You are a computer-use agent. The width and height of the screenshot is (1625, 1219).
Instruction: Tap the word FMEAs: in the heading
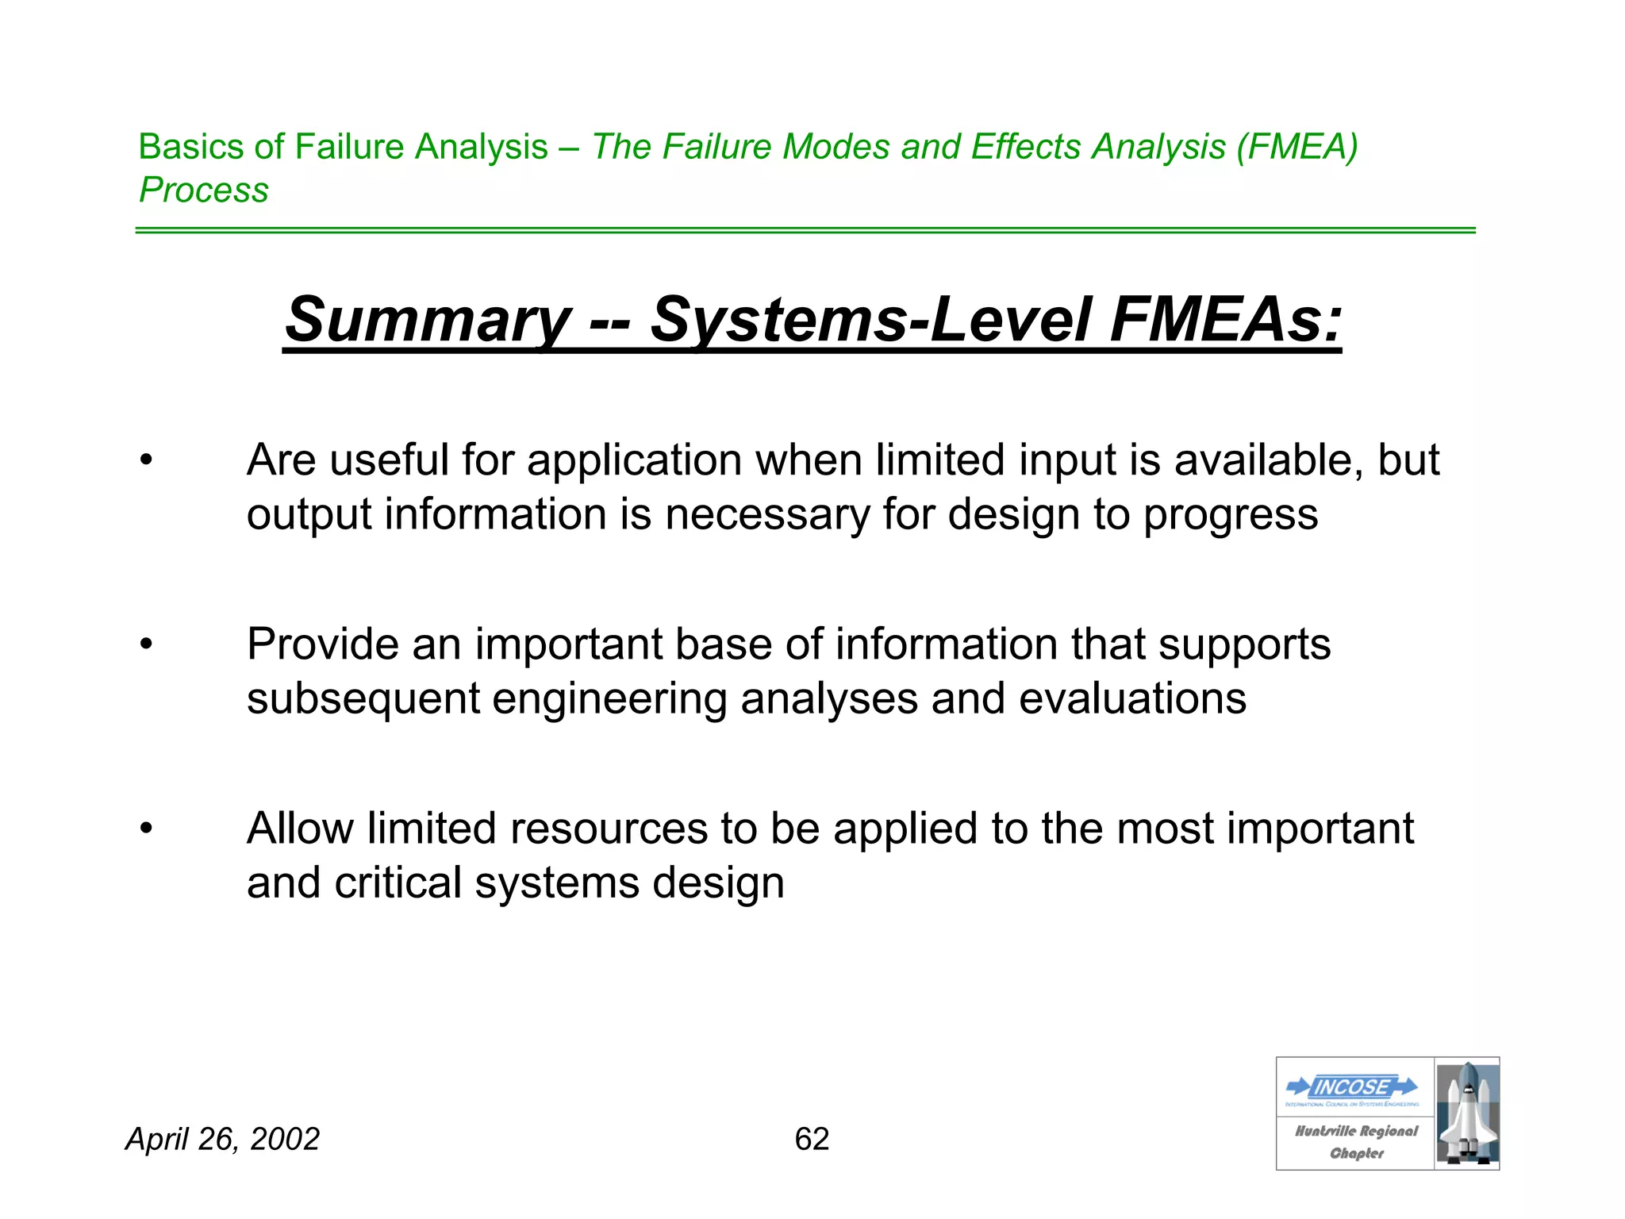(x=1225, y=320)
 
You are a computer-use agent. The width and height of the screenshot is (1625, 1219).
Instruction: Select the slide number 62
(x=812, y=1139)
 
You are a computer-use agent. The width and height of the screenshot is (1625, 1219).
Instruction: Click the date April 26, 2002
(x=223, y=1139)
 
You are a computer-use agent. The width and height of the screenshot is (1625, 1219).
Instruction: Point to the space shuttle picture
(x=1467, y=1113)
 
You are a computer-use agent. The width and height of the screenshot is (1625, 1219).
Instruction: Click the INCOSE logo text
(x=1352, y=1086)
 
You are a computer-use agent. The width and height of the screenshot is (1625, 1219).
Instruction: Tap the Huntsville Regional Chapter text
(x=1356, y=1141)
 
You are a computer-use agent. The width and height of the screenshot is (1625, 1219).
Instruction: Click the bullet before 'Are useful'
(x=146, y=460)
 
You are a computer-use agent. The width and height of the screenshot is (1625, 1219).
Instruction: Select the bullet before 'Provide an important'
(x=146, y=644)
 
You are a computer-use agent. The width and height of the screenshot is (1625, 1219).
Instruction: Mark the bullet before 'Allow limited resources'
(x=146, y=829)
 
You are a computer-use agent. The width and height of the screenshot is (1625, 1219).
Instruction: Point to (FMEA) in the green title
(x=1297, y=147)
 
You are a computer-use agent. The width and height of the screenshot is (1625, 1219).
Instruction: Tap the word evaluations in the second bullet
(x=1132, y=699)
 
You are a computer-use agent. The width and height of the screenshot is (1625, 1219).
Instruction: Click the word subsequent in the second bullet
(x=363, y=699)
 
